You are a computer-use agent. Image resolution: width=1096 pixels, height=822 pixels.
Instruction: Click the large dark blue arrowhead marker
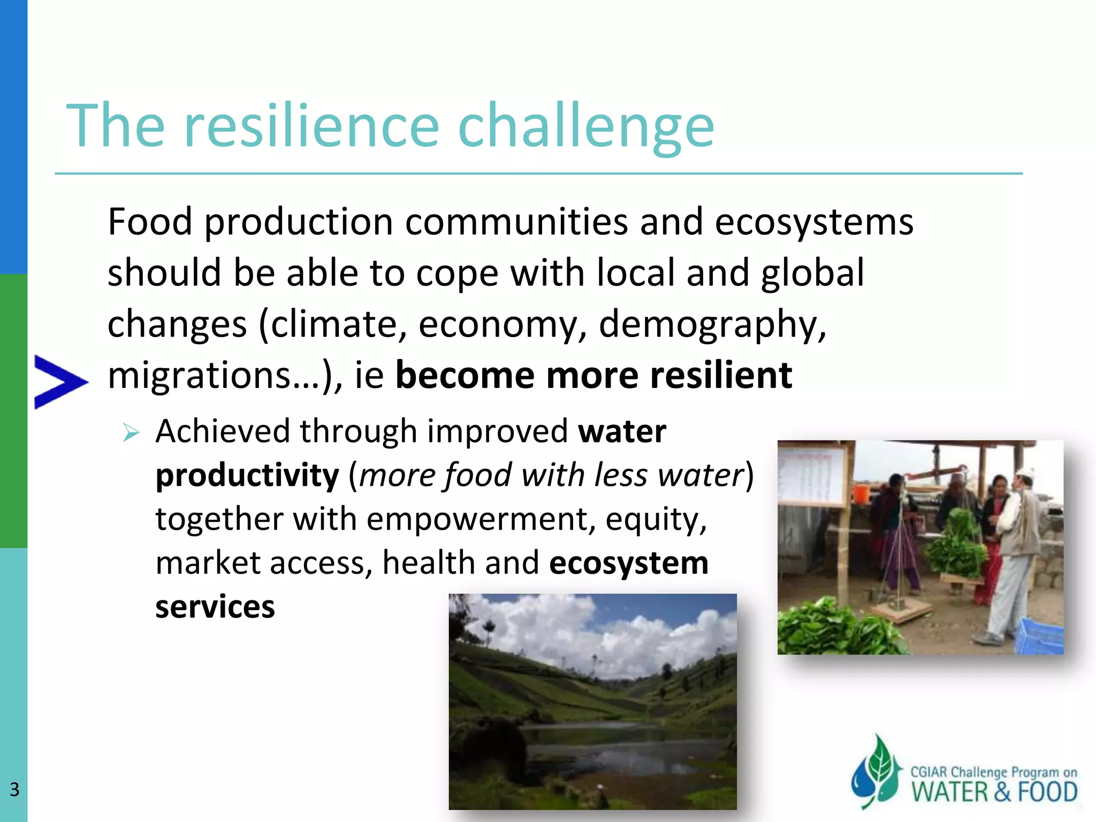[x=59, y=382]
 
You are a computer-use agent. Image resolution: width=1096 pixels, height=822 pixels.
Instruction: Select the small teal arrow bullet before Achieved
[x=131, y=432]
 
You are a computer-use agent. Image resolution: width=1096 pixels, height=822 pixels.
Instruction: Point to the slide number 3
[x=14, y=789]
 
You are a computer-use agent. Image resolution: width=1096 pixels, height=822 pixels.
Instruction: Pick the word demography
[x=712, y=325]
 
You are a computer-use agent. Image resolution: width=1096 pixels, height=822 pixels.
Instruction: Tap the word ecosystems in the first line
[x=813, y=222]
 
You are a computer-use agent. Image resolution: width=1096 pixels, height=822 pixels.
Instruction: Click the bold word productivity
[x=247, y=475]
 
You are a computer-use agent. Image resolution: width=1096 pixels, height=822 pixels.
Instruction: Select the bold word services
[x=215, y=607]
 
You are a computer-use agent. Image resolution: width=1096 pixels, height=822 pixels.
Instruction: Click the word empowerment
[x=480, y=519]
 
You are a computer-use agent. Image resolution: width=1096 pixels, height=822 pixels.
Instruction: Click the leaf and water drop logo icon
[x=876, y=771]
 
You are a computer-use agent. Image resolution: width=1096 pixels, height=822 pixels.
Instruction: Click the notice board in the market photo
[x=812, y=475]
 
